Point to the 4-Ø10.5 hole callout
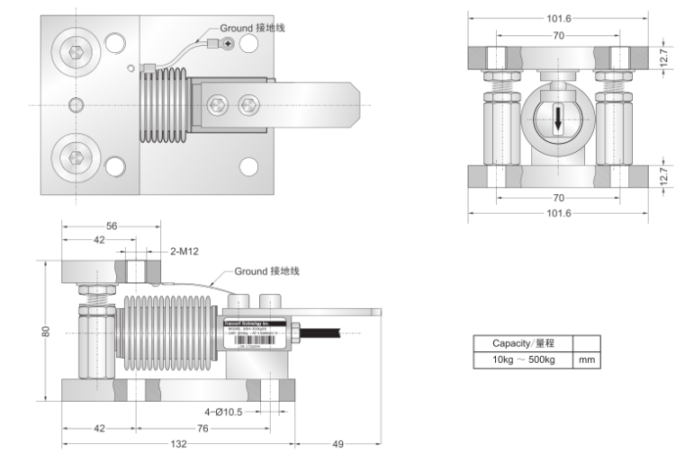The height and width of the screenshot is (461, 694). (224, 412)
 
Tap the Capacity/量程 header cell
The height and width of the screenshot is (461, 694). (522, 343)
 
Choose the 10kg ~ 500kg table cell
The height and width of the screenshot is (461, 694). (522, 360)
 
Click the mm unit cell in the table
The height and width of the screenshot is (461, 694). (586, 360)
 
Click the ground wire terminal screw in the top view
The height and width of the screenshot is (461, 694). (228, 44)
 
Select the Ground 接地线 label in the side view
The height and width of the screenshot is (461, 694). (267, 270)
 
